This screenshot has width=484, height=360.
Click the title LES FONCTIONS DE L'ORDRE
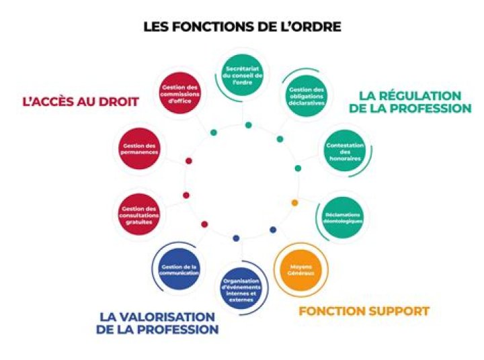(x=242, y=27)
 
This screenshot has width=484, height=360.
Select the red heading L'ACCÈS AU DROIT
(x=81, y=101)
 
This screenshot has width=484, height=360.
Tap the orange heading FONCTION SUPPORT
(x=364, y=312)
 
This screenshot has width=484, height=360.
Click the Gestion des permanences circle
(x=140, y=148)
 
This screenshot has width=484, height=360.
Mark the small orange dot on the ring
(x=294, y=202)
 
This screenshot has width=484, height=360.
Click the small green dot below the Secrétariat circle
(x=248, y=125)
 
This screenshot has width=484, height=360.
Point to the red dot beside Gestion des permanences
(x=188, y=161)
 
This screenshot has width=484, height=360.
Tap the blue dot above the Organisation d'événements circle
(x=235, y=238)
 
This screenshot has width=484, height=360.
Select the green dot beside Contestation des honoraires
(x=298, y=168)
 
